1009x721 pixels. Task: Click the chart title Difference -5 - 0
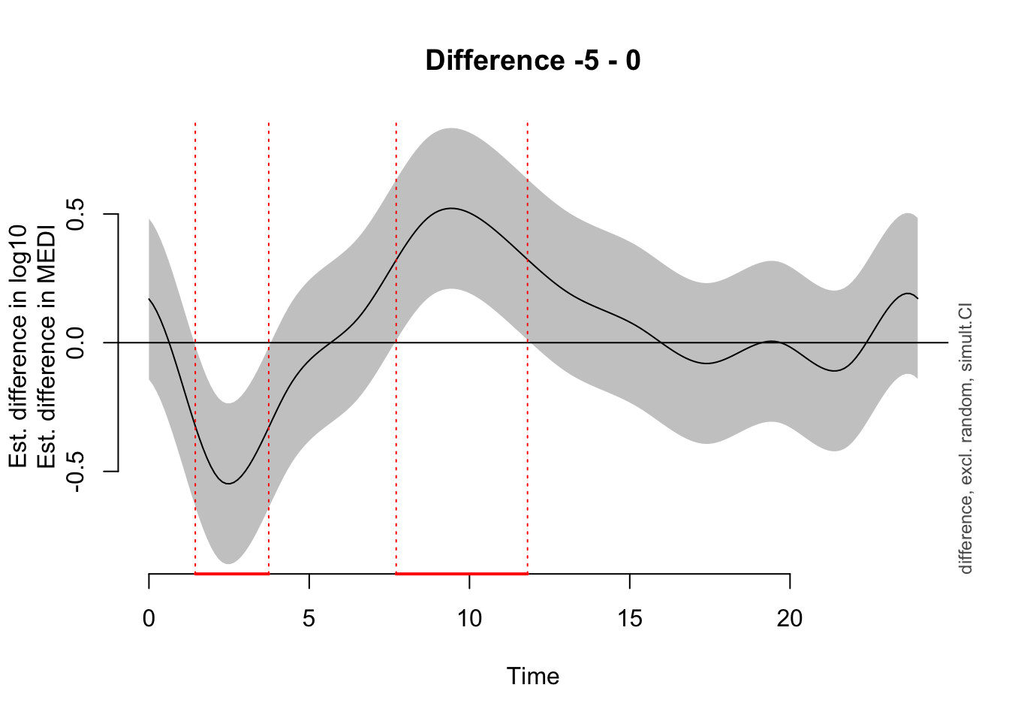click(533, 60)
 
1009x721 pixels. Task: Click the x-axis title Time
click(533, 676)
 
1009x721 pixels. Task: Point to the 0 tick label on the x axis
click(149, 619)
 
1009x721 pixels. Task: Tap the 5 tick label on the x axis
click(309, 619)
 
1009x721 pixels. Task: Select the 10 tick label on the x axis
click(469, 619)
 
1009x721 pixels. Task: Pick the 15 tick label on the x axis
click(630, 619)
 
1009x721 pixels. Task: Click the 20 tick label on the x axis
click(790, 619)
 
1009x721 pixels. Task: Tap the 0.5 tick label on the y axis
click(76, 214)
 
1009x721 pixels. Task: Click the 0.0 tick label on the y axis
click(76, 342)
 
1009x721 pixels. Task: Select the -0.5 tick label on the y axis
click(76, 471)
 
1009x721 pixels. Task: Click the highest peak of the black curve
click(450, 208)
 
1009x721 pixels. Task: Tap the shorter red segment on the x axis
click(232, 573)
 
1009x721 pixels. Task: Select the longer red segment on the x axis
click(462, 573)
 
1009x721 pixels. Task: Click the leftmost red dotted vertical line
click(195, 300)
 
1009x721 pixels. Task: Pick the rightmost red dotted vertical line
click(528, 300)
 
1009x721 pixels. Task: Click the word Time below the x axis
click(533, 676)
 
